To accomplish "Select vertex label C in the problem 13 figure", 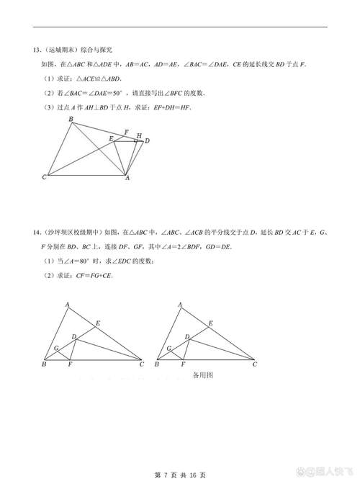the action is [x=45, y=177].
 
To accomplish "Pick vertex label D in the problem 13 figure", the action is [x=147, y=141].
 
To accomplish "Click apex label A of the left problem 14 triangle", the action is [x=68, y=305].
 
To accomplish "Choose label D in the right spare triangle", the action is [x=187, y=337].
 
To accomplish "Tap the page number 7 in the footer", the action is [x=167, y=475].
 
